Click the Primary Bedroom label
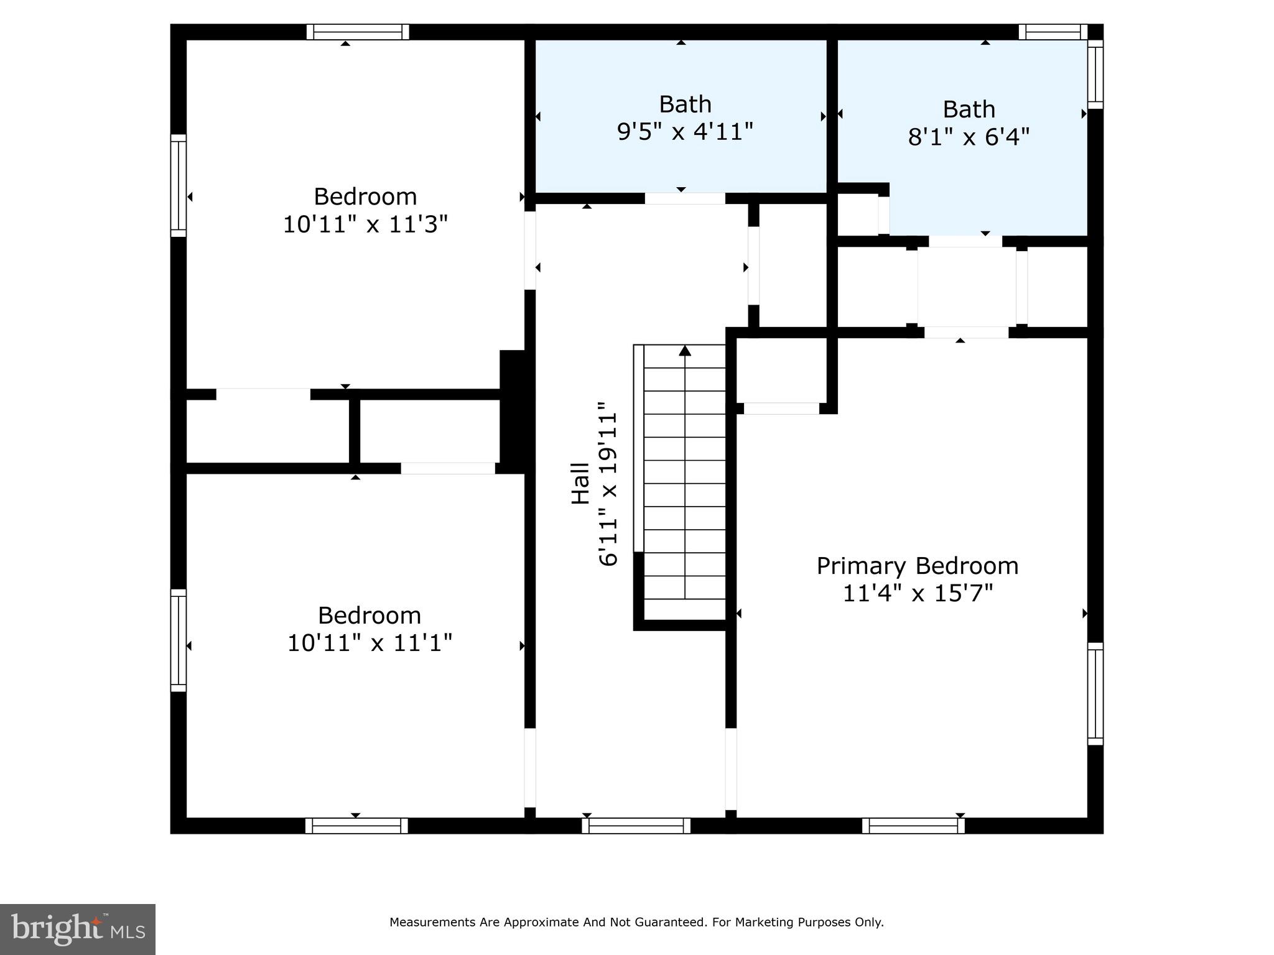(917, 566)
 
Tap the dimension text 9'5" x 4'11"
(685, 132)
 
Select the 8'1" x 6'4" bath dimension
(969, 137)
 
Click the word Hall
(580, 483)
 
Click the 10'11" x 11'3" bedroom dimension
(365, 224)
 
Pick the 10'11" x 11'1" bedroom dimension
(370, 642)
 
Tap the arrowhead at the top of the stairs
(685, 351)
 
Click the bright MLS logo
(78, 929)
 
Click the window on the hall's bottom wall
(636, 826)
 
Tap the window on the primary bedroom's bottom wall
(913, 826)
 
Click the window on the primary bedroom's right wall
(1095, 693)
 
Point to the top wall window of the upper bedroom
(358, 32)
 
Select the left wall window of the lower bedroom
(179, 640)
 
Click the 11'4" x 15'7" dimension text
(917, 593)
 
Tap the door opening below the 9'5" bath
(684, 198)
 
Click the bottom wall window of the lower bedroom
(356, 826)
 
